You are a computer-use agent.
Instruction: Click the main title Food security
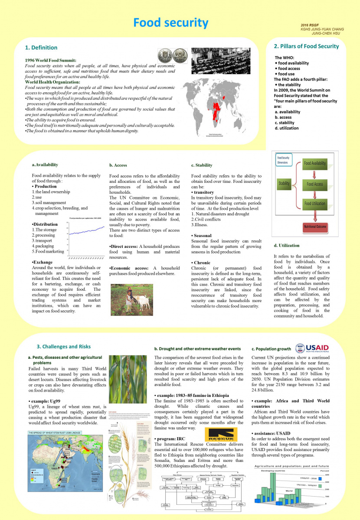(x=170, y=23)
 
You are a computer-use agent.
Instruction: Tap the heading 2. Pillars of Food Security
(x=306, y=46)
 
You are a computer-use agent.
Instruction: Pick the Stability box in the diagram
(x=284, y=183)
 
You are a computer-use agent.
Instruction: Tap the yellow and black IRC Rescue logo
(x=220, y=434)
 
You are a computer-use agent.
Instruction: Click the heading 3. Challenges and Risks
(x=63, y=347)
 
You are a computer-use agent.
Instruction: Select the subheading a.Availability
(x=45, y=165)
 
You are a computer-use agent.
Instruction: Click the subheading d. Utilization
(x=287, y=246)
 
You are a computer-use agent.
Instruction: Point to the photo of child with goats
(x=131, y=299)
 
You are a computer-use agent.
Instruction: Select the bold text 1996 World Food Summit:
(x=51, y=60)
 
